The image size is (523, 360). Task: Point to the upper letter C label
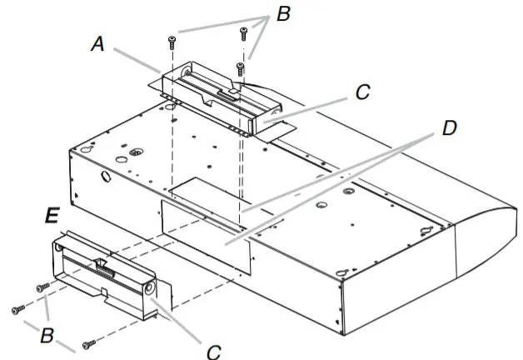[x=361, y=92]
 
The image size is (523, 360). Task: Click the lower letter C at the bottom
[x=213, y=351]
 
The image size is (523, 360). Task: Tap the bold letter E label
[x=52, y=215]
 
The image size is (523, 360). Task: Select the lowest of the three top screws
[x=240, y=67]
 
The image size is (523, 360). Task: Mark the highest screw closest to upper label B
[x=243, y=33]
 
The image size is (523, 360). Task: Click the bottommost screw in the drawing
[x=88, y=342]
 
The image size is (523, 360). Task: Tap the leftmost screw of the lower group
[x=17, y=309]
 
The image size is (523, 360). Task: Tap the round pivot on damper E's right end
[x=149, y=288]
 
